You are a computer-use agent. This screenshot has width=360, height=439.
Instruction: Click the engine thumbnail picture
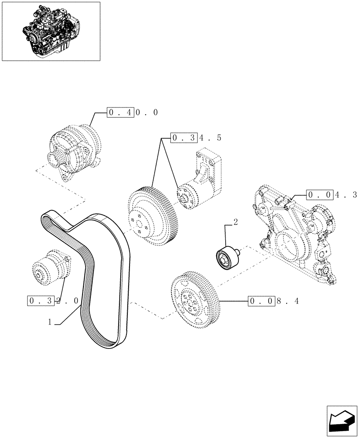tap(51, 31)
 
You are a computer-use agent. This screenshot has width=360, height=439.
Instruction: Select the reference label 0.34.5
tap(196, 138)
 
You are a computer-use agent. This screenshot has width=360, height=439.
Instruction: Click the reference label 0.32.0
tap(53, 301)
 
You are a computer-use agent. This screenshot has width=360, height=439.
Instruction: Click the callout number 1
tap(50, 322)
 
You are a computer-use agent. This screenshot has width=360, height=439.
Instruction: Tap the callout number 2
tap(236, 223)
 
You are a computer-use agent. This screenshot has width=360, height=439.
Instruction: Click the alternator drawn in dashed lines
tap(75, 149)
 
